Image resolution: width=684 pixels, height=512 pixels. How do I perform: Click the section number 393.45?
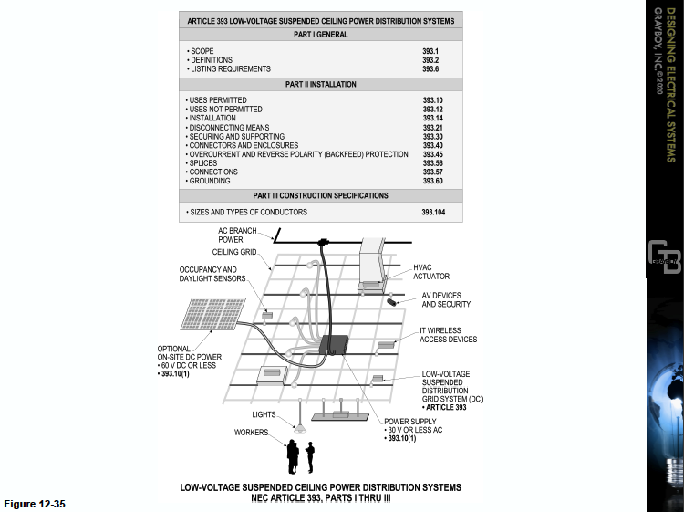pyautogui.click(x=432, y=154)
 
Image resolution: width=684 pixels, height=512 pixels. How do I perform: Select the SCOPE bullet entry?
pyautogui.click(x=203, y=51)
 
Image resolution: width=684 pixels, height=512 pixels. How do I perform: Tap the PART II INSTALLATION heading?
pyautogui.click(x=320, y=85)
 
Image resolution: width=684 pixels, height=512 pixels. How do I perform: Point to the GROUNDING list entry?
pyautogui.click(x=212, y=181)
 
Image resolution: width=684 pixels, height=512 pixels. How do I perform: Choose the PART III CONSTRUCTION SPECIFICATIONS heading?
pyautogui.click(x=320, y=195)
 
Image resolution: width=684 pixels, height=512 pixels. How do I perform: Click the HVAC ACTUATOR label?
pyautogui.click(x=430, y=272)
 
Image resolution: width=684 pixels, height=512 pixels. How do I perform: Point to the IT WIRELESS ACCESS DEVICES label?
pyautogui.click(x=448, y=335)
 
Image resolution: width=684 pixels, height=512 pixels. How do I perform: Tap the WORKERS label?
pyautogui.click(x=251, y=432)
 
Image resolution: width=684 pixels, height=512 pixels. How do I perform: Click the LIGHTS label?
pyautogui.click(x=264, y=414)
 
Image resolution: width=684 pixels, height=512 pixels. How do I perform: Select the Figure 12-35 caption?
pyautogui.click(x=35, y=504)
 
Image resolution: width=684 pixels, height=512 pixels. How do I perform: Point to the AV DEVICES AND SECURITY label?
pyautogui.click(x=452, y=300)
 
